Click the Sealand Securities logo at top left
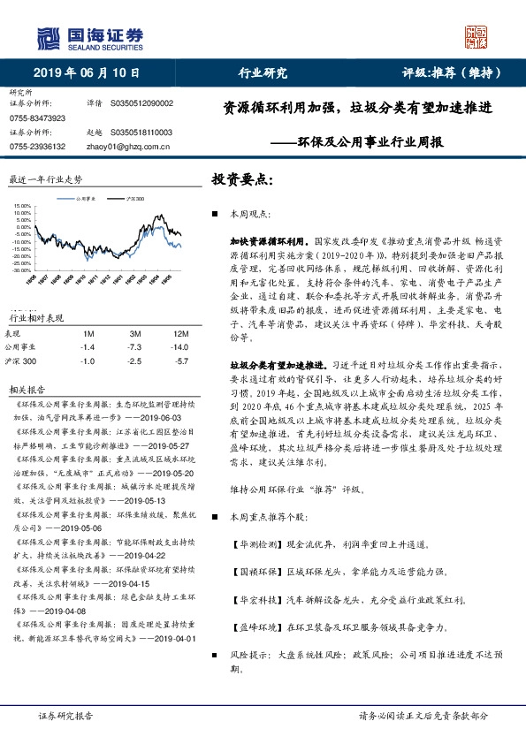(x=88, y=37)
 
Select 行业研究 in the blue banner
(x=263, y=73)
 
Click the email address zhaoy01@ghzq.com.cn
(x=120, y=146)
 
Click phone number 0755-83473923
(x=37, y=118)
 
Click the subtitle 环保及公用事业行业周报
(x=370, y=141)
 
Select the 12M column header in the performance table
(x=180, y=333)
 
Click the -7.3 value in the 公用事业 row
(x=135, y=347)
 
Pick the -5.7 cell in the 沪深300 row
(x=181, y=361)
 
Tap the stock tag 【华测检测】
(x=255, y=545)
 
